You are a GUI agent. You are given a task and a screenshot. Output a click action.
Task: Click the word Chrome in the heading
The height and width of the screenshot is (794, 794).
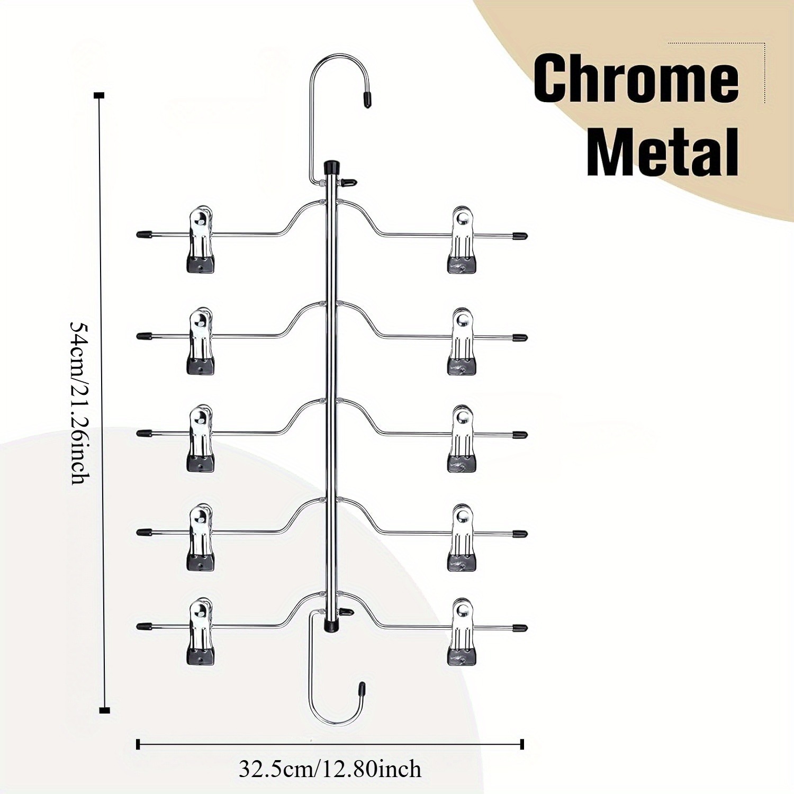point(636,78)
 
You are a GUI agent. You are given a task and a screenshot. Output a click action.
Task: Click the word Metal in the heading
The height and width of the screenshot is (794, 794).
point(663,151)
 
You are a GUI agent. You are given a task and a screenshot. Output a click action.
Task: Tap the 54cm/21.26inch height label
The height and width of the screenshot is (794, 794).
point(80,402)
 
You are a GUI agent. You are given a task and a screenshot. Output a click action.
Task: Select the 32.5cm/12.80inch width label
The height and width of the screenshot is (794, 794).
point(330,769)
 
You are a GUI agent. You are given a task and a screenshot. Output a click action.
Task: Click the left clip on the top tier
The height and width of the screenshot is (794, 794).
point(201,239)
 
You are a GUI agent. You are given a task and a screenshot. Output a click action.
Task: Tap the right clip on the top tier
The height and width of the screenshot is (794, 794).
point(461,240)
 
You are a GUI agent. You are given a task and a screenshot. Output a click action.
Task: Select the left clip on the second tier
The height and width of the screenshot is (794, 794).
point(201,341)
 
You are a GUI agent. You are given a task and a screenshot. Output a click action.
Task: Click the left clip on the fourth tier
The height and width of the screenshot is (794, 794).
point(201,537)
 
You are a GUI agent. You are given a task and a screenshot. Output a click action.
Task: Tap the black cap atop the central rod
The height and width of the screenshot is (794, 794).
point(331,167)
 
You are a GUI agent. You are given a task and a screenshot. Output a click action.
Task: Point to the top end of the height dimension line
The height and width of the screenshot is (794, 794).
point(99,96)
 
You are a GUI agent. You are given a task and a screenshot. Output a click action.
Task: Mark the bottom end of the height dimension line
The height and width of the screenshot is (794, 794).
point(104,710)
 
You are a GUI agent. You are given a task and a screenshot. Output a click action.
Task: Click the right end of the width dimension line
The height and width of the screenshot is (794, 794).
point(522,744)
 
